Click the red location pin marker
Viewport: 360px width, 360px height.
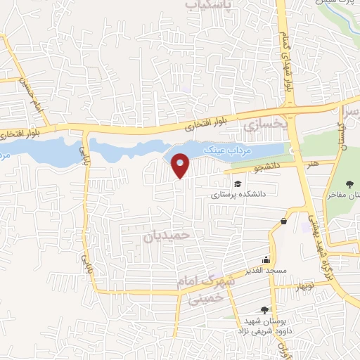(x=181, y=165)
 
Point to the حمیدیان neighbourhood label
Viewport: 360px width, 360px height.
(x=167, y=237)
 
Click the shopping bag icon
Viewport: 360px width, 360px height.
(x=283, y=221)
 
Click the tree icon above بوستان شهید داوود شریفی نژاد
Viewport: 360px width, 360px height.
(x=264, y=309)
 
